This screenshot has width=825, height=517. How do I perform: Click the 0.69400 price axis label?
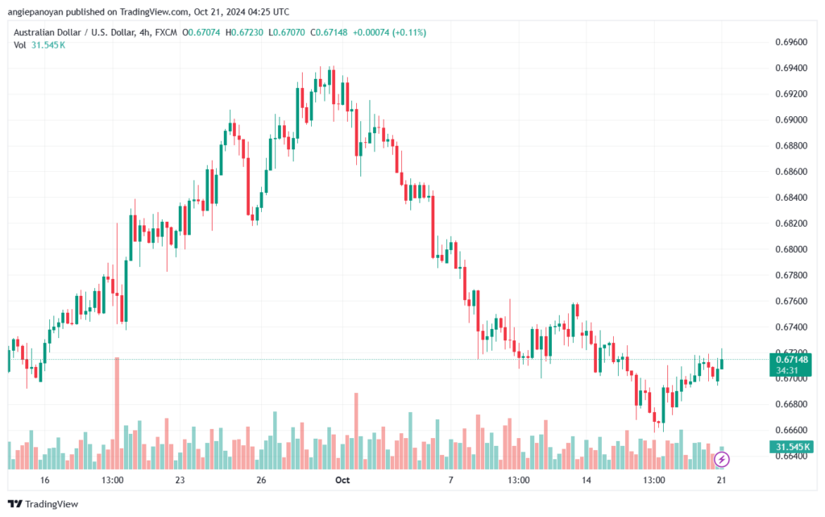791,68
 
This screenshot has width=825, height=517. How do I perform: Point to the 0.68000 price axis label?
791,249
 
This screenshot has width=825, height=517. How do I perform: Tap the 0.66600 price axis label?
791,430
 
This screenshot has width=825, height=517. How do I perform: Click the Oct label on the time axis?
342,480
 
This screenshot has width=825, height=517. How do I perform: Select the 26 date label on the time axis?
261,480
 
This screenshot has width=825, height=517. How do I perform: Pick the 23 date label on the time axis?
180,480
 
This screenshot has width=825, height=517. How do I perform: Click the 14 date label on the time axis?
587,480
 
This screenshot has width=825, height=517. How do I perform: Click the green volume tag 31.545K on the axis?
791,447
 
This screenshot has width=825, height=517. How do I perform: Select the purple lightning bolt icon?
721,460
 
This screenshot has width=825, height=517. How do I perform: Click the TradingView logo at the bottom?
44,504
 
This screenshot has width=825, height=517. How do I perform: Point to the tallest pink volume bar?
117,413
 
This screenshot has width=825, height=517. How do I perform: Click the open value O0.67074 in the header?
201,32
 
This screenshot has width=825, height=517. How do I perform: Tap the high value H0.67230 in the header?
244,32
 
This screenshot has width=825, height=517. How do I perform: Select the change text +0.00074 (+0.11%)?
389,32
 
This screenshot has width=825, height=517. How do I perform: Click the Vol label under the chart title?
19,45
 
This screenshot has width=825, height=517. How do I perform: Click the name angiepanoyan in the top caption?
35,11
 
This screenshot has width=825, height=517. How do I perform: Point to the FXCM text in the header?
166,32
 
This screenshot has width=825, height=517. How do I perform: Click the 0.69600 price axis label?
791,42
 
